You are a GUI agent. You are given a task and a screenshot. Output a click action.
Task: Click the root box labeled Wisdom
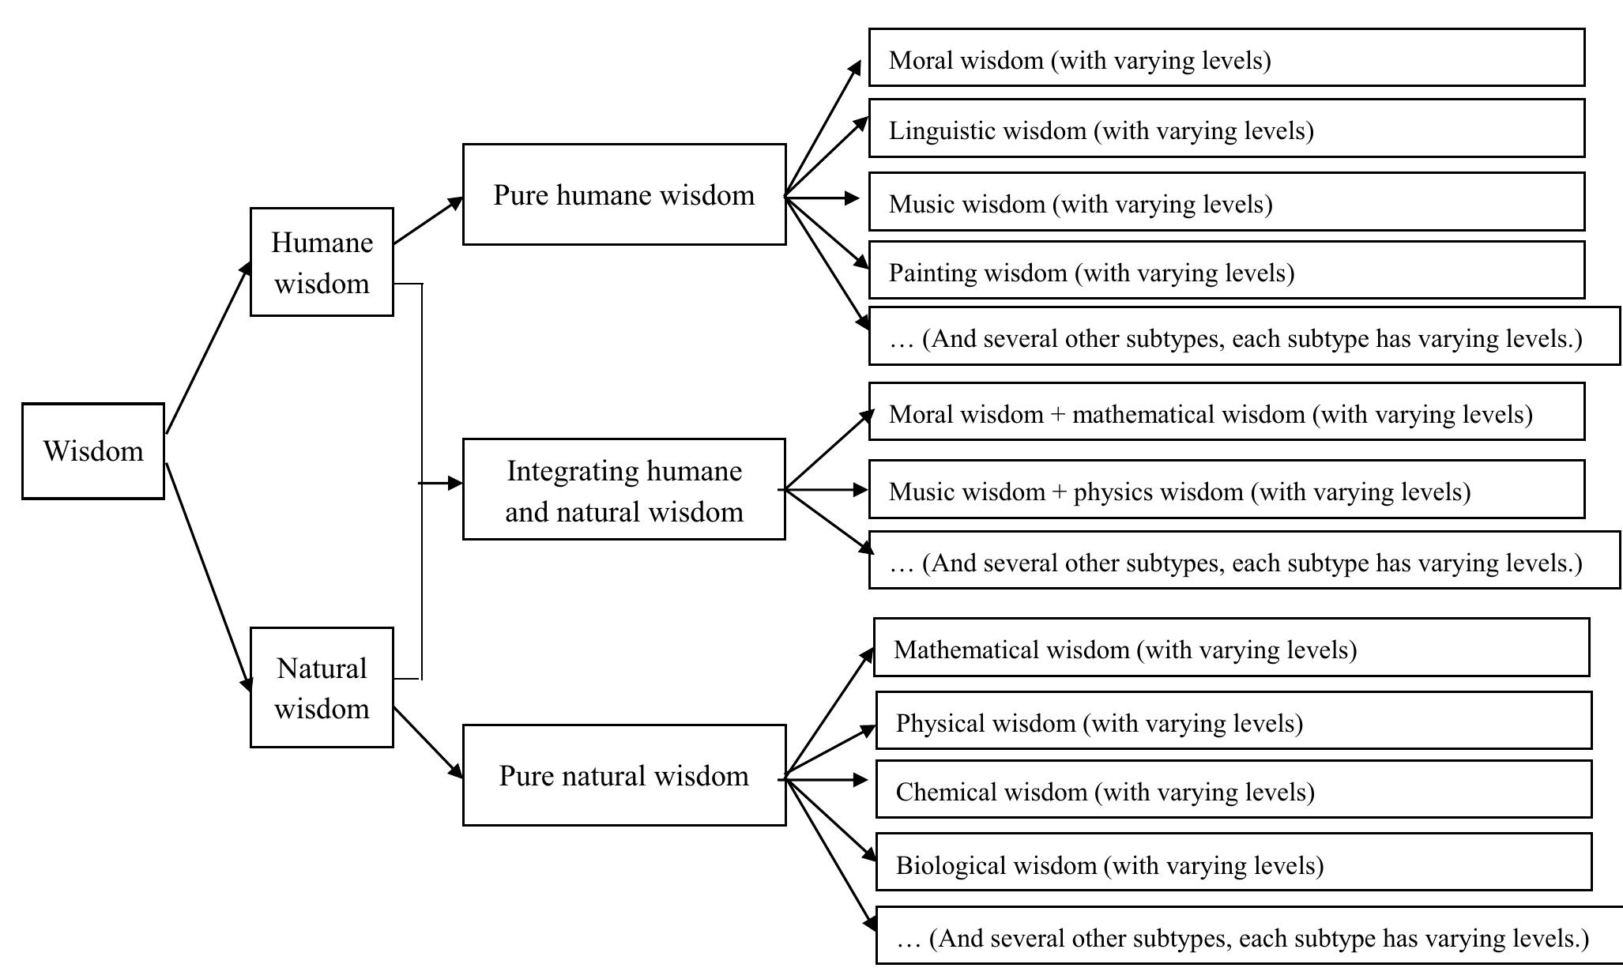(x=93, y=451)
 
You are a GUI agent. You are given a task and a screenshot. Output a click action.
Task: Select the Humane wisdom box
(x=322, y=262)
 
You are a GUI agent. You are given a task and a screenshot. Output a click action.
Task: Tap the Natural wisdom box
(x=322, y=687)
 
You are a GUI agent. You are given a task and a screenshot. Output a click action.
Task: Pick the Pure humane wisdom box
(x=624, y=194)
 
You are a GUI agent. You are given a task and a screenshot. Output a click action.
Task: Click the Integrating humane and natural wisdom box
(x=624, y=490)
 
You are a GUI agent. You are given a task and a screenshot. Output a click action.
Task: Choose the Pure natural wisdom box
(x=624, y=775)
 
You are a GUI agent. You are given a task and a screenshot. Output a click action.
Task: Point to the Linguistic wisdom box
(x=1226, y=129)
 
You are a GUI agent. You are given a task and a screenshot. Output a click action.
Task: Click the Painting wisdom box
(x=1226, y=271)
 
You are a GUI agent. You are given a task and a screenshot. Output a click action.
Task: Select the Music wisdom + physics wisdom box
(x=1226, y=490)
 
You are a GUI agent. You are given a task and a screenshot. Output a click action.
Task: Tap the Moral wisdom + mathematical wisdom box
(x=1226, y=412)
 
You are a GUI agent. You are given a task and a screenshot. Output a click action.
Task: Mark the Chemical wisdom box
(x=1233, y=790)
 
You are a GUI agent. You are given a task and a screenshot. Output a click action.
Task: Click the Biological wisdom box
(x=1233, y=863)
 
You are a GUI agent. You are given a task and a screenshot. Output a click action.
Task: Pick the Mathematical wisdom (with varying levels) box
(x=1231, y=648)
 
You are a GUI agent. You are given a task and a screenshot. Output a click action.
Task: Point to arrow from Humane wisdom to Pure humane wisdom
(x=427, y=221)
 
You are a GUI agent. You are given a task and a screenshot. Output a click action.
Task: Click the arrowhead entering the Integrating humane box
(x=455, y=483)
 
